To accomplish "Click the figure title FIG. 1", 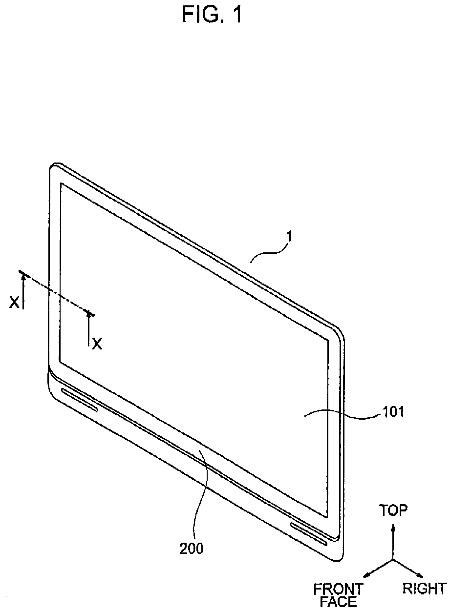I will point(212,15).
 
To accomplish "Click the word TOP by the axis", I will point(393,511).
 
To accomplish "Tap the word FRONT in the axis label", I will point(338,589).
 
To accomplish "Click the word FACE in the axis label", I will point(338,602).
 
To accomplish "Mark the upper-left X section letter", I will point(15,303).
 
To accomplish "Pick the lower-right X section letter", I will point(98,344).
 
